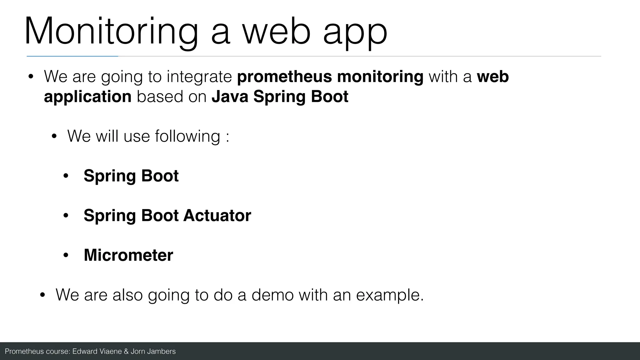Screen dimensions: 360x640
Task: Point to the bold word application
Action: (87, 97)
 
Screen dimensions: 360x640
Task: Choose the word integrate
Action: (199, 77)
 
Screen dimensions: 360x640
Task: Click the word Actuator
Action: (217, 215)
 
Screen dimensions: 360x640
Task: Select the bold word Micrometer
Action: (128, 255)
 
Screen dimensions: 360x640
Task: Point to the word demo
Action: (272, 295)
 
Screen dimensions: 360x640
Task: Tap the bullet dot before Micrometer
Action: (66, 255)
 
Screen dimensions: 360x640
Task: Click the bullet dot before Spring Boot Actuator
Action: (66, 216)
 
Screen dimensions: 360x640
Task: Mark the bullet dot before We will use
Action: (54, 136)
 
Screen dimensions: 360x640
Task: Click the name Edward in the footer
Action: (85, 352)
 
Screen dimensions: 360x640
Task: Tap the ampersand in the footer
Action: (126, 352)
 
